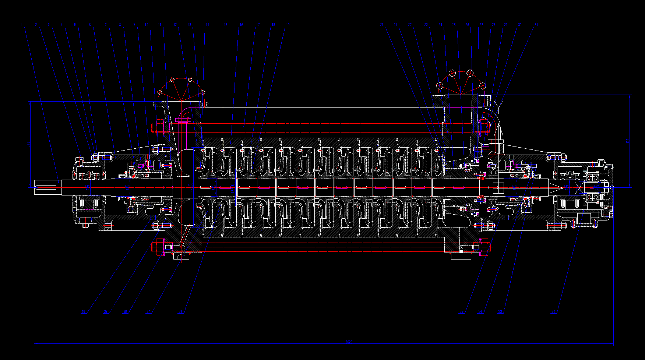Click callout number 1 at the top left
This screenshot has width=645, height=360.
(x=21, y=25)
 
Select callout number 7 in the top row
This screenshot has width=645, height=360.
(x=106, y=25)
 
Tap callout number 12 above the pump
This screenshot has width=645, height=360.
(x=175, y=25)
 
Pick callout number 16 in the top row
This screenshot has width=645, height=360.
(x=242, y=25)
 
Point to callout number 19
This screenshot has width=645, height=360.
(x=288, y=25)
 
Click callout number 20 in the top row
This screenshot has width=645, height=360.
(x=382, y=25)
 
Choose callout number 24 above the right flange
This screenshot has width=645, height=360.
(x=440, y=25)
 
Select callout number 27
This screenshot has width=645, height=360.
(x=481, y=25)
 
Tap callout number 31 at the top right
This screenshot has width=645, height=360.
(x=536, y=25)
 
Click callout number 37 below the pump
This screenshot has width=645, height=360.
(x=148, y=311)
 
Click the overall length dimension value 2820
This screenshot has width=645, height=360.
(x=349, y=342)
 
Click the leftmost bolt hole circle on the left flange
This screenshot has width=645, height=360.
(x=160, y=92)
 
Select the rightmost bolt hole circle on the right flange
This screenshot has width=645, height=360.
(x=482, y=86)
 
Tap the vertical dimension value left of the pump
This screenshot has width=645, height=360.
(x=29, y=144)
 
